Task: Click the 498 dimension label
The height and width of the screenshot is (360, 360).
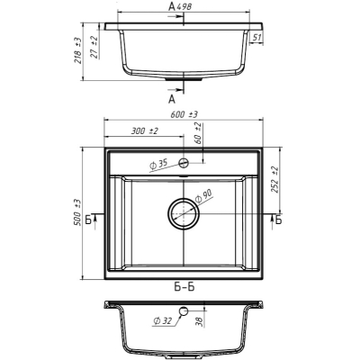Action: coord(184,7)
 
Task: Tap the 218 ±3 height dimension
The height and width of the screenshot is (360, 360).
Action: coord(78,50)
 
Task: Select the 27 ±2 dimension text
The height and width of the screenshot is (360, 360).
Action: coord(94,47)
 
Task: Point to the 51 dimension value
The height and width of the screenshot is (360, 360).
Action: coord(256,38)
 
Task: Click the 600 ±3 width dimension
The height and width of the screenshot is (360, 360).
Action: coord(184,114)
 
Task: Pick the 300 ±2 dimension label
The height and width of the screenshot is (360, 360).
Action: coord(145,131)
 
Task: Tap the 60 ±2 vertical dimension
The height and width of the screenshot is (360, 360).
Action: coord(198,133)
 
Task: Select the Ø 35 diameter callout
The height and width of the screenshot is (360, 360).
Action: coord(158,165)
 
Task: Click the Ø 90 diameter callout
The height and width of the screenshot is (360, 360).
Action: coord(203,195)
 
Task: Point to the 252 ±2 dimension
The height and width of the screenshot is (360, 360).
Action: coord(276,180)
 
